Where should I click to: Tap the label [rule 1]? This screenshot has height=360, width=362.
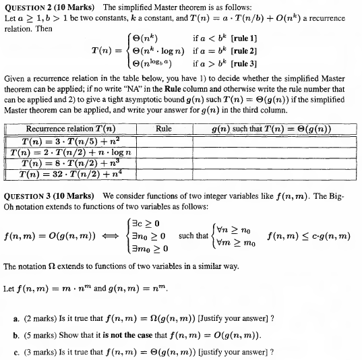coord(244,38)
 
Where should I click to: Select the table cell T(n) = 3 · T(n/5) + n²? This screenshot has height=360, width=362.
coord(70,142)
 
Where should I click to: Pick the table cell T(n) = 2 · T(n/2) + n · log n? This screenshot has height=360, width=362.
coord(70,152)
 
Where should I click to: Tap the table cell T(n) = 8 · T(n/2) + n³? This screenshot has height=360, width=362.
coord(70,163)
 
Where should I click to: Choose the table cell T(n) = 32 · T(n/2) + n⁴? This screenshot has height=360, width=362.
coord(70,174)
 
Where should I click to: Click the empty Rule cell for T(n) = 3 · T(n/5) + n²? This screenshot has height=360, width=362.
coord(164,142)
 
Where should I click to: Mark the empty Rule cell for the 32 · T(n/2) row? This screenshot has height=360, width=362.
coord(164,174)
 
